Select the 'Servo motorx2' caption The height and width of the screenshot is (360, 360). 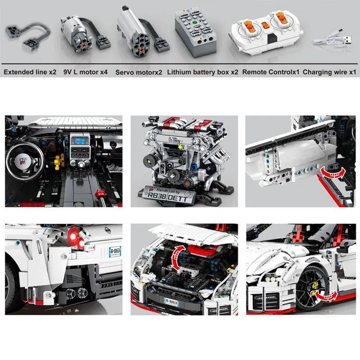click(x=139, y=72)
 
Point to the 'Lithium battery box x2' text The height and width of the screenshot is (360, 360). click(x=202, y=72)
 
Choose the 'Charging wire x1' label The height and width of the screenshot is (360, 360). click(x=329, y=72)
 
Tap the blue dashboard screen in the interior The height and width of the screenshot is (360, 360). click(x=80, y=140)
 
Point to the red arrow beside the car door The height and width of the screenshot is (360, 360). click(x=332, y=171)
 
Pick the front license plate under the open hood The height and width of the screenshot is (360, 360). click(x=171, y=302)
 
